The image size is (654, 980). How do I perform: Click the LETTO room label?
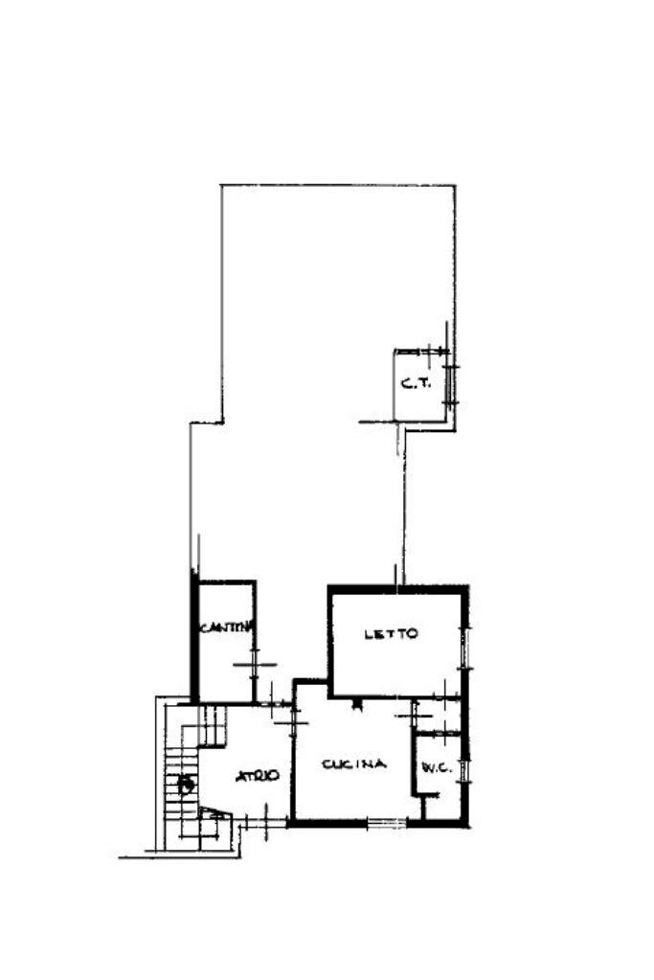pyautogui.click(x=391, y=634)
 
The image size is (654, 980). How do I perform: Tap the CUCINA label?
pyautogui.click(x=353, y=763)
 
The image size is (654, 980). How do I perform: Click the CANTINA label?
pyautogui.click(x=225, y=627)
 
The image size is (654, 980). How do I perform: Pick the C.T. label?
pyautogui.click(x=414, y=384)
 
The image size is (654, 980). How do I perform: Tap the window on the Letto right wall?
pyautogui.click(x=465, y=647)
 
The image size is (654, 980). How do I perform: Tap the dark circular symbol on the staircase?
pyautogui.click(x=186, y=785)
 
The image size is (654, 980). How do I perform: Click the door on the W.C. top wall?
pyautogui.click(x=437, y=734)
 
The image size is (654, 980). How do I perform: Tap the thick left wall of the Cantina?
pyautogui.click(x=194, y=637)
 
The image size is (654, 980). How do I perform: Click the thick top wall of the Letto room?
pyautogui.click(x=397, y=588)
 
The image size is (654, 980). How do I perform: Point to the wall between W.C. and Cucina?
pyautogui.click(x=414, y=762)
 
